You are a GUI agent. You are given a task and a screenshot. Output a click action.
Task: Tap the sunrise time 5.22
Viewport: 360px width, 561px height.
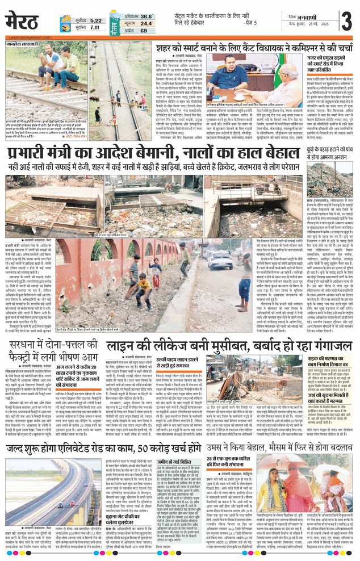click(x=96, y=20)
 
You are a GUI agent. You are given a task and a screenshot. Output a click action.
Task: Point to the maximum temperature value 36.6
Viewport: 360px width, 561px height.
click(x=146, y=16)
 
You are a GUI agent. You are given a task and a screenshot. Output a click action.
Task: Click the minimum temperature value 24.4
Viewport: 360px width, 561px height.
click(x=146, y=23)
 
